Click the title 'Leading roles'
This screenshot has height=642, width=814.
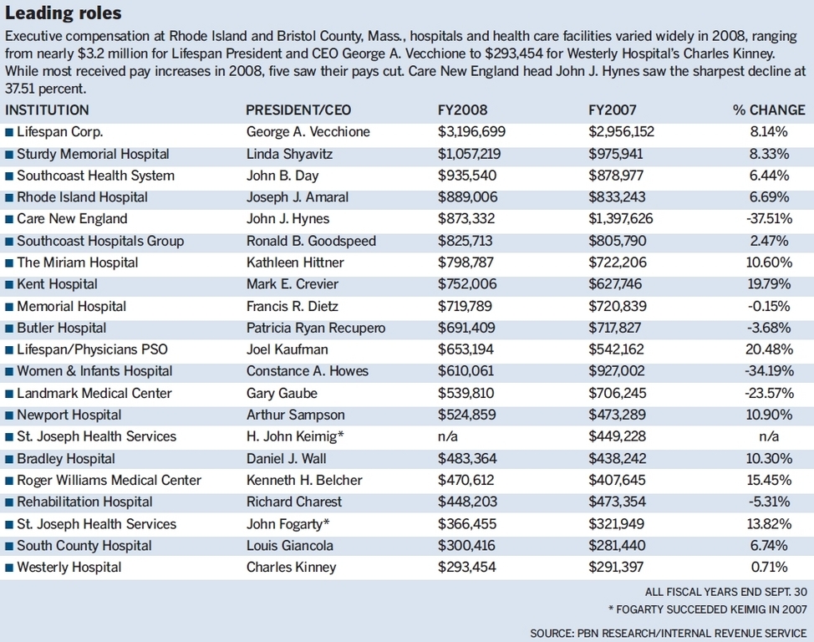64,13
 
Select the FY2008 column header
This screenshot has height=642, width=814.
462,110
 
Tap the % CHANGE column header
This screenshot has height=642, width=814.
769,110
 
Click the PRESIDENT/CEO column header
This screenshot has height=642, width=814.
298,110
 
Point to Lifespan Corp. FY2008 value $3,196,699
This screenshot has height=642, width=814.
471,132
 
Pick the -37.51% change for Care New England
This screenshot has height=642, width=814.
769,219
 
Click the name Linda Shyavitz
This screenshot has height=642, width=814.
289,155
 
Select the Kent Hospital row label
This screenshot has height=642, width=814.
57,284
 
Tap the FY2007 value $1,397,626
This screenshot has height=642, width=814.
620,219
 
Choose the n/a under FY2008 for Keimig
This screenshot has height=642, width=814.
447,436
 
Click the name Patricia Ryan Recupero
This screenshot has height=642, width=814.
316,329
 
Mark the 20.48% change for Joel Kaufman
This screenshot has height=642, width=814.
769,349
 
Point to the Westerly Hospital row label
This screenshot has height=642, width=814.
69,568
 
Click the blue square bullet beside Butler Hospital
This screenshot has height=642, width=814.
9,329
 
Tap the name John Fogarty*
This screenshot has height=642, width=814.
287,524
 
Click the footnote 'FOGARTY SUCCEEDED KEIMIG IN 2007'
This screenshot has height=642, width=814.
711,609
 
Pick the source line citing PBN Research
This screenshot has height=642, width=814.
668,633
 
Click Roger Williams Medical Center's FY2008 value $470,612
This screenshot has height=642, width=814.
466,480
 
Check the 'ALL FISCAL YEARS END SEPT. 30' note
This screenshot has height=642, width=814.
725,592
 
